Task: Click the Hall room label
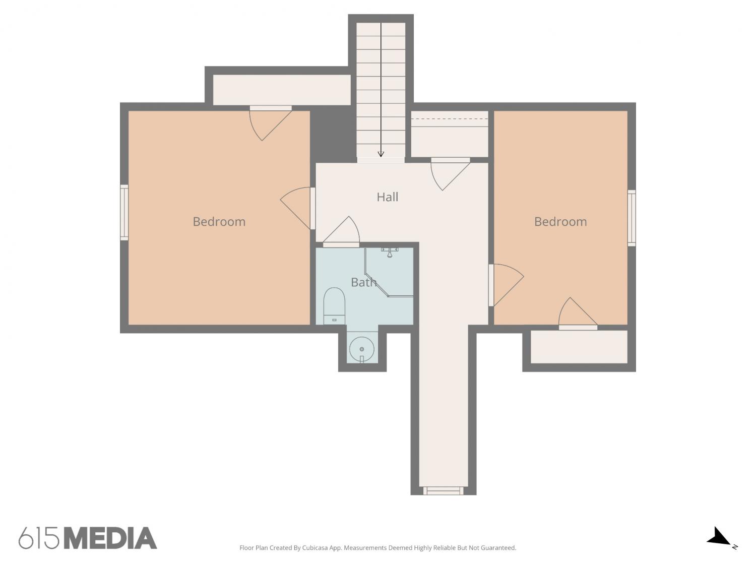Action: pos(387,197)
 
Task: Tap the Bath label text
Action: pos(363,282)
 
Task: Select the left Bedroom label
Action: pos(219,221)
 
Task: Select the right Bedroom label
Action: pos(560,221)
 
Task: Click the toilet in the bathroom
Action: pos(334,306)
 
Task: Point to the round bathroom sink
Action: pos(362,349)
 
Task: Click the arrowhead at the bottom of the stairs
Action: pos(381,154)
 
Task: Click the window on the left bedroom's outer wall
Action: pos(124,212)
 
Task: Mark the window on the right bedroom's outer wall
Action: pos(632,218)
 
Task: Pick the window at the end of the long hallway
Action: pos(443,490)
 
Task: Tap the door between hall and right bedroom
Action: pos(506,285)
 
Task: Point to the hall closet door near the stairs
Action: pos(451,174)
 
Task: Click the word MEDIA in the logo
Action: pos(111,538)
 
